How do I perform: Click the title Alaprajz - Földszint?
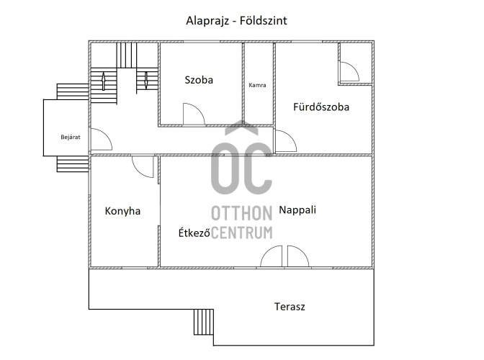(236, 21)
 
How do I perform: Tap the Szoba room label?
(199, 80)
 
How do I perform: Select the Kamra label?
(257, 85)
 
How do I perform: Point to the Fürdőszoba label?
(321, 107)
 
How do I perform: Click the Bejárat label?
(71, 137)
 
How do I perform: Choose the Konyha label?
(122, 211)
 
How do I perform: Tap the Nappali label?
(297, 210)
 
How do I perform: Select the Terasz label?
(290, 307)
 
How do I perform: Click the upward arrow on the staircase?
(103, 81)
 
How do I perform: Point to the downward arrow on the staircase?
(146, 81)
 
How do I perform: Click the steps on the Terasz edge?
(204, 322)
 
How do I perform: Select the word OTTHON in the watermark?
(242, 213)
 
